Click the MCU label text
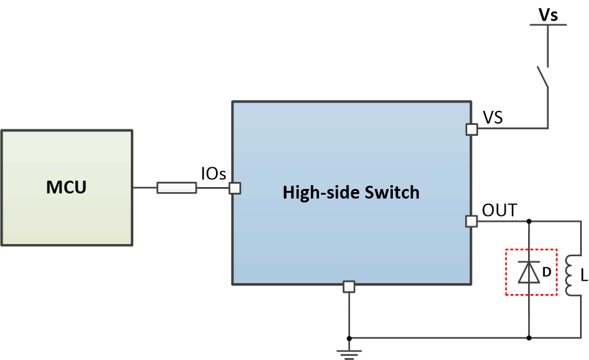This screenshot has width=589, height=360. (x=66, y=188)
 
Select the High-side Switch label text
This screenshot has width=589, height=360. (x=351, y=192)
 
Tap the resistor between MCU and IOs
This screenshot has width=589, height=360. (x=176, y=188)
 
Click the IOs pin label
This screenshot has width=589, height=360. (x=213, y=174)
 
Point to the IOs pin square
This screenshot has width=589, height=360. (x=235, y=188)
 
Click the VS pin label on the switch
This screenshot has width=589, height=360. (x=492, y=118)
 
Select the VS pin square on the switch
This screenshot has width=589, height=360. (x=472, y=129)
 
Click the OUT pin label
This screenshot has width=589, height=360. (x=499, y=209)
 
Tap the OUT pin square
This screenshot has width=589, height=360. (x=472, y=222)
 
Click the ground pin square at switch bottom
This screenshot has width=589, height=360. (x=349, y=286)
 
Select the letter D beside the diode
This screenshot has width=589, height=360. (x=547, y=272)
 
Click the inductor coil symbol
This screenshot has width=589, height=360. (x=570, y=276)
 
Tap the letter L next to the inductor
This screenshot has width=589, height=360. (x=583, y=276)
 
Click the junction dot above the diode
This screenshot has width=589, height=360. (x=529, y=222)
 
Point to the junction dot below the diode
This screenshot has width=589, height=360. (x=529, y=338)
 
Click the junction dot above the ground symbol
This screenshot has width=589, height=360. (x=349, y=338)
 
